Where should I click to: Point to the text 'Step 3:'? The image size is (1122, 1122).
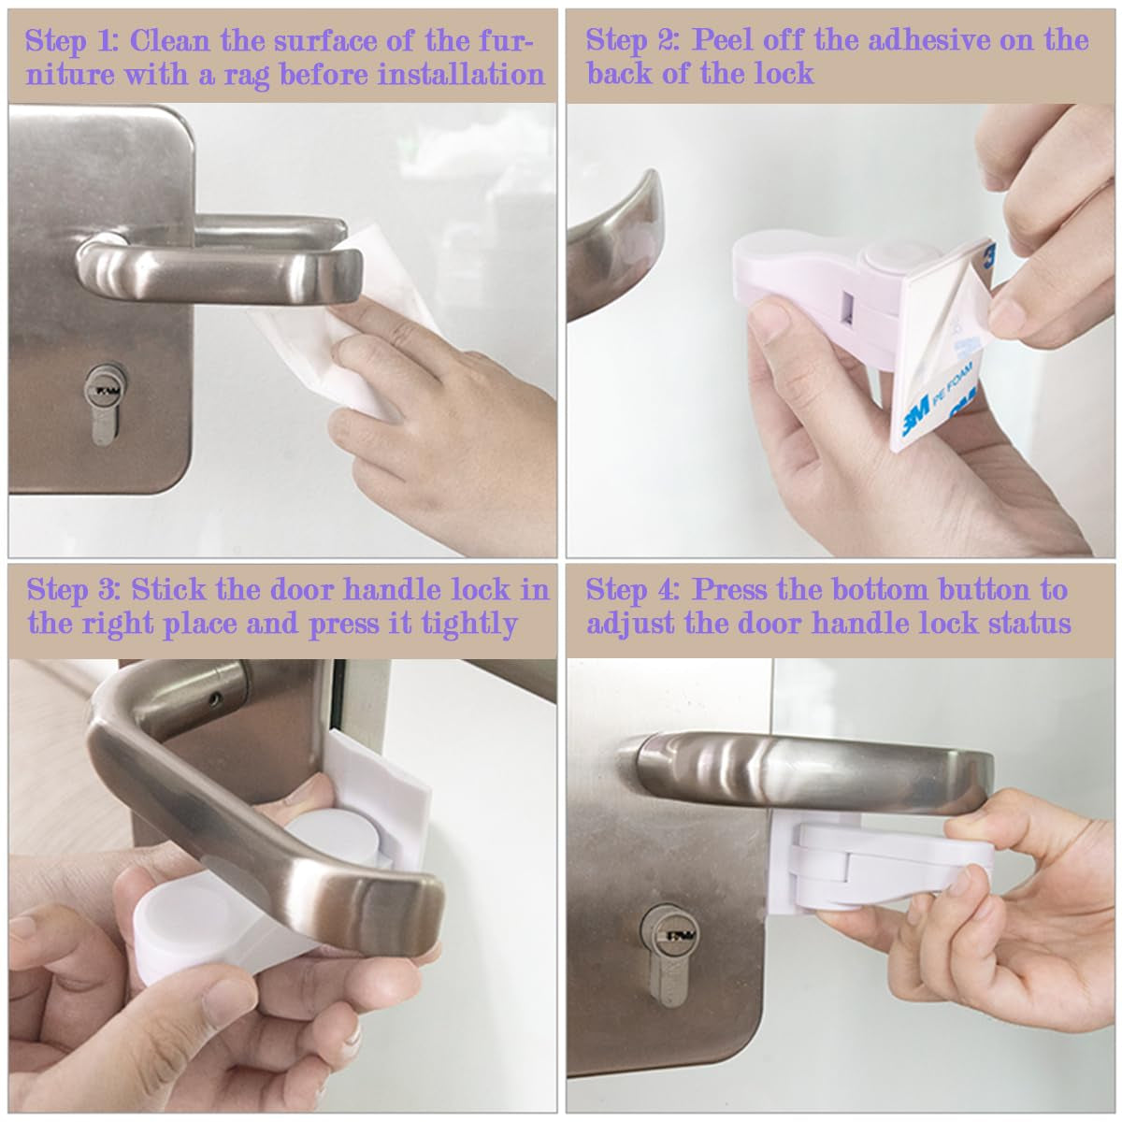coord(75,590)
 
